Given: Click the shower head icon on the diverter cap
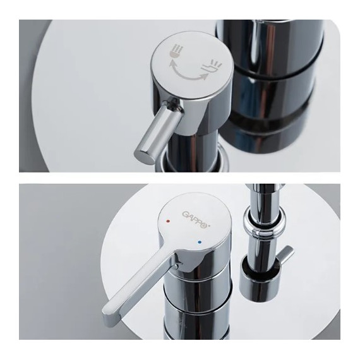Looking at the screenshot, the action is coord(177,51).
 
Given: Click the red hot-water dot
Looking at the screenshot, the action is coord(168,222).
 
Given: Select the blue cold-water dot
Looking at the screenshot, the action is coord(199,242).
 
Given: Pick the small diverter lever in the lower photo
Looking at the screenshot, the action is coord(285,256).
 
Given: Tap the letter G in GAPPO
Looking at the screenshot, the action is coord(186,215).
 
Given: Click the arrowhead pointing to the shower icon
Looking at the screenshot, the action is coord(171,63).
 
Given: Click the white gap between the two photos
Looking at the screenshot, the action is coord(179,178).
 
